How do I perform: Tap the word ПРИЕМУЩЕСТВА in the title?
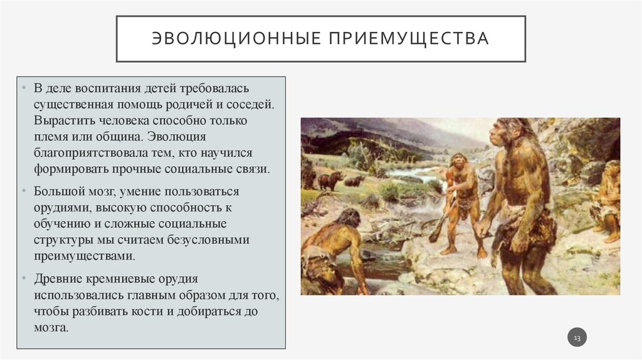coord(406,39)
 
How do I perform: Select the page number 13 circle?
coord(577,339)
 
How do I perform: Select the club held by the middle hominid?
coord(441,222)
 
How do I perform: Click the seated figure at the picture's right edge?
coord(608,201)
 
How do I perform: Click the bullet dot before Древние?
coord(23,278)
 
